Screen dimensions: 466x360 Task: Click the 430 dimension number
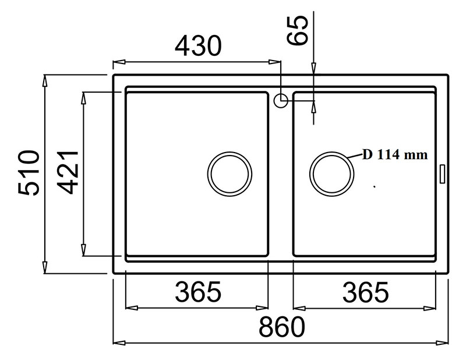(198, 46)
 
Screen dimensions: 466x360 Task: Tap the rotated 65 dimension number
(297, 30)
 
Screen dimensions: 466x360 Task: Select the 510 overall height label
(29, 173)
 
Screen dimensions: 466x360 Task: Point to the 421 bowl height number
(68, 172)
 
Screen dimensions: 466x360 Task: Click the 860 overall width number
(282, 327)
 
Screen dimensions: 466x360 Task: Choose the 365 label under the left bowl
(198, 292)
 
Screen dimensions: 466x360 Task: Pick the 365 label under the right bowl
(366, 292)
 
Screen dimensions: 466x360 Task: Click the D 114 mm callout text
(395, 154)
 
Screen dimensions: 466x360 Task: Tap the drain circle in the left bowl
(230, 152)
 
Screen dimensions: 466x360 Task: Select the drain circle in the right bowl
(331, 152)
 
